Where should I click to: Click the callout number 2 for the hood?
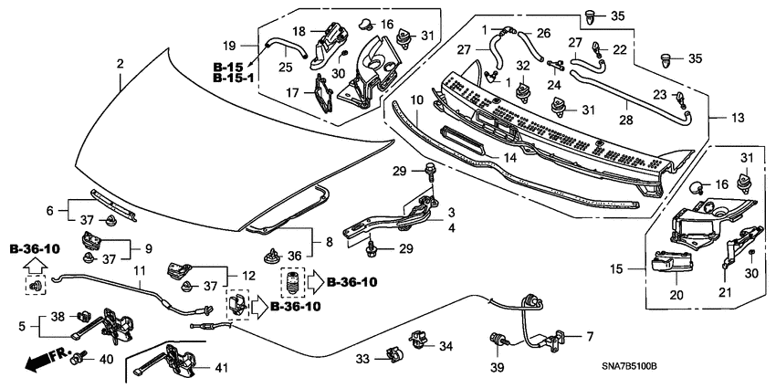click(x=120, y=63)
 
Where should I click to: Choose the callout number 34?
click(x=446, y=345)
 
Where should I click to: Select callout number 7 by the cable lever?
click(x=590, y=336)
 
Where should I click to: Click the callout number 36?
click(x=295, y=255)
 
